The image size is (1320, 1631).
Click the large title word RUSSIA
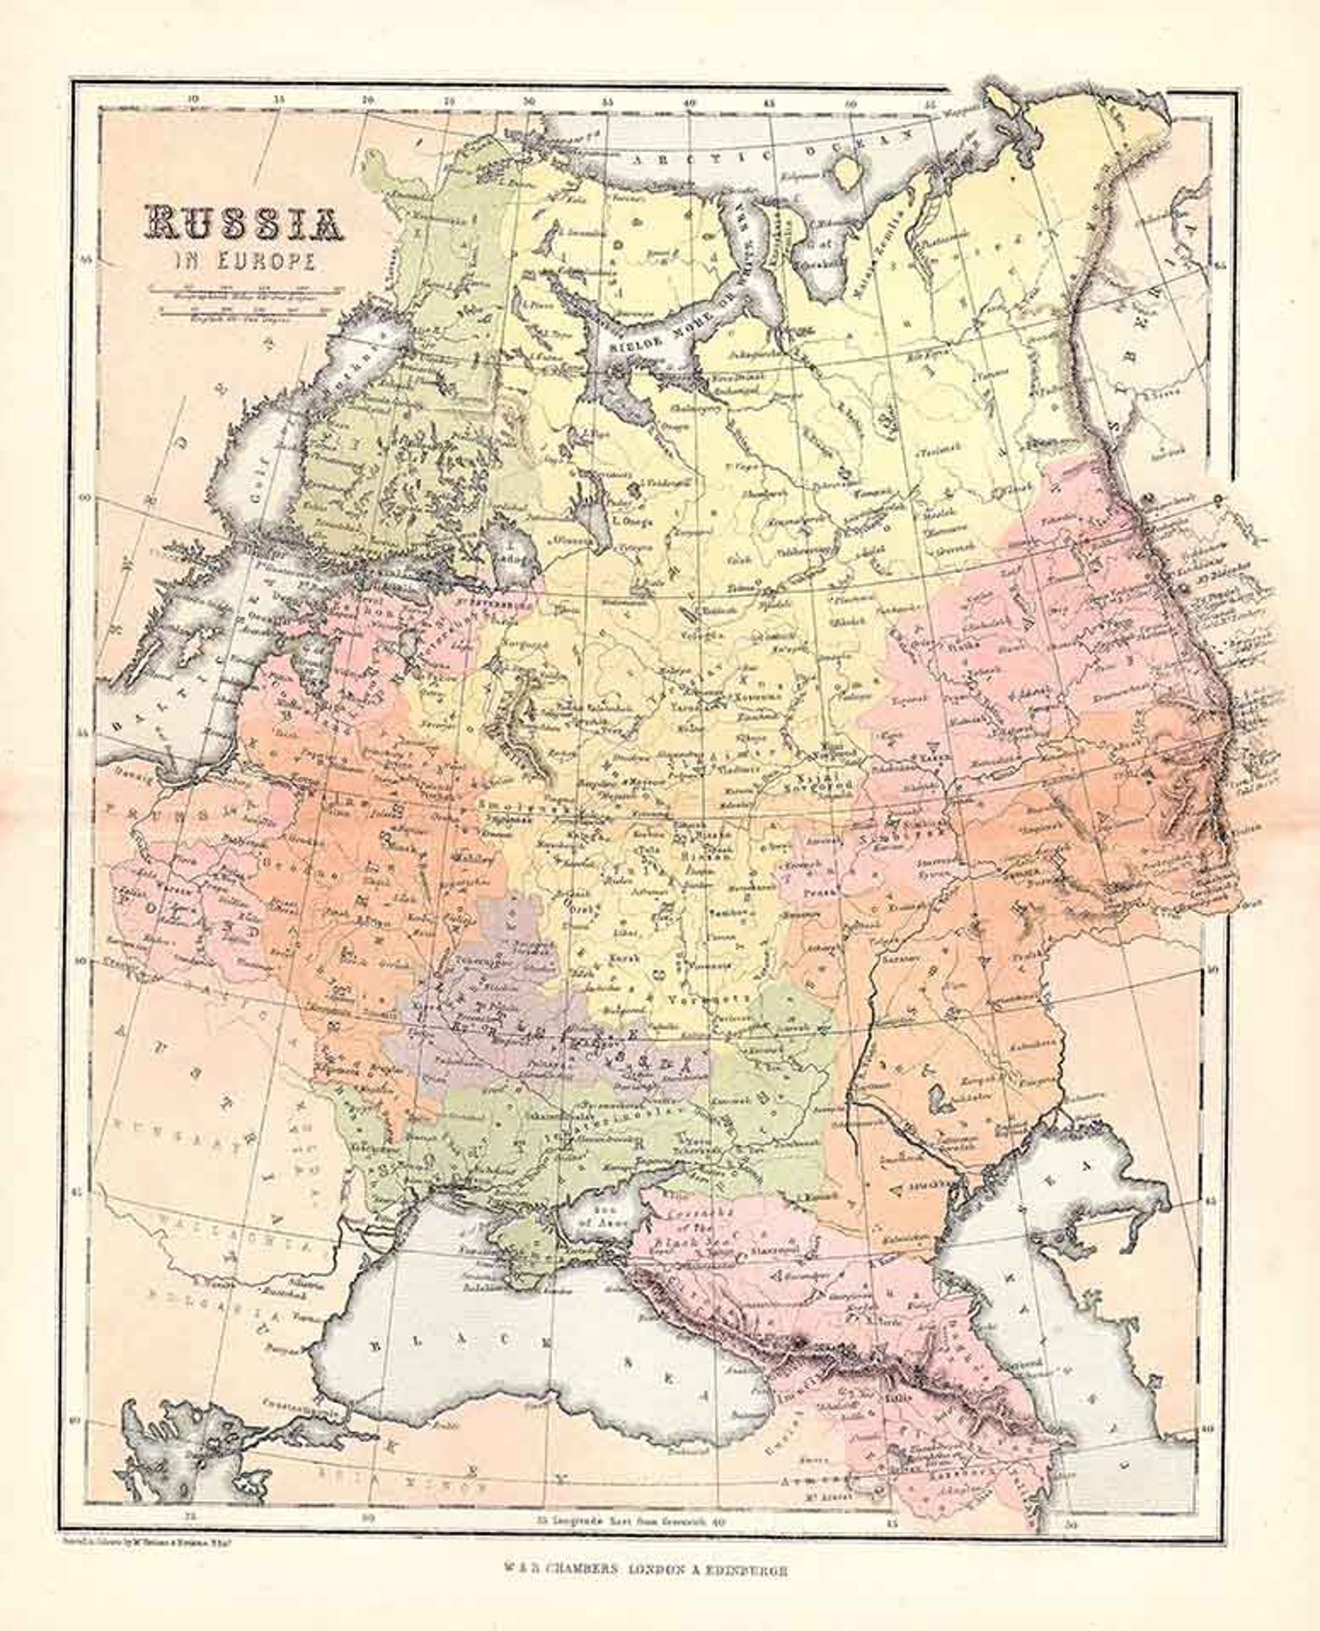pyautogui.click(x=244, y=224)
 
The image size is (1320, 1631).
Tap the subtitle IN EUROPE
pyautogui.click(x=244, y=261)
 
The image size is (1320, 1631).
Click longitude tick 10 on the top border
pyautogui.click(x=193, y=99)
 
